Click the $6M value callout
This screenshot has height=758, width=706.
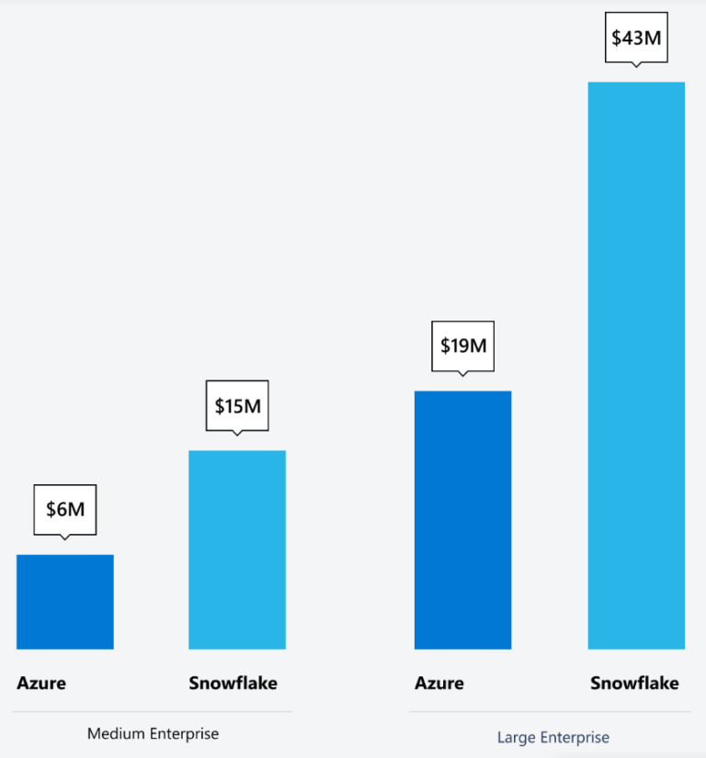(64, 509)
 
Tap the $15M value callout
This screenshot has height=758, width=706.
(237, 405)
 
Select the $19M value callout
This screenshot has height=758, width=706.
(462, 346)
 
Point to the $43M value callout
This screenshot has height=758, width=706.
(635, 39)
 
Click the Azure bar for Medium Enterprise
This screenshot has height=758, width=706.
(65, 602)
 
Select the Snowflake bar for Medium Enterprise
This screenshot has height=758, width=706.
(237, 549)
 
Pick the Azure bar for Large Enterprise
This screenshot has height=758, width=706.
(462, 520)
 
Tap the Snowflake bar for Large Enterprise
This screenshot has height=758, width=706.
(636, 366)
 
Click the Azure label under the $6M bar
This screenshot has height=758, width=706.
(41, 683)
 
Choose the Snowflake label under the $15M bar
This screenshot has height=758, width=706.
(233, 683)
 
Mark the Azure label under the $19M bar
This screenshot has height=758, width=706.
(439, 683)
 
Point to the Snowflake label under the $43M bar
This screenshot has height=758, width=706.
(634, 683)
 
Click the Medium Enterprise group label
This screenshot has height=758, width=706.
(153, 733)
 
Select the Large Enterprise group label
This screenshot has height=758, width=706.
(553, 737)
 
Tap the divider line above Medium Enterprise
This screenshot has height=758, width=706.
(152, 712)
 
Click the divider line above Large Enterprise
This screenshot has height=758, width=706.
(550, 711)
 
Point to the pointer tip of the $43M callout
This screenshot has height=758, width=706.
(635, 66)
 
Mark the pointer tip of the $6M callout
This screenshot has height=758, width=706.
(64, 538)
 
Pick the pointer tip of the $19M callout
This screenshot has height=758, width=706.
(462, 375)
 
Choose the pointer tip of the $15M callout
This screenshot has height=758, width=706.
(237, 434)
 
